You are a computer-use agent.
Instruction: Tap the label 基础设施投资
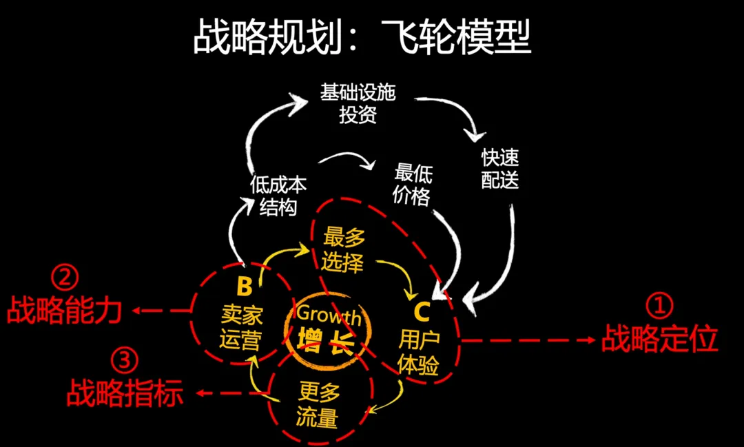pyautogui.click(x=358, y=103)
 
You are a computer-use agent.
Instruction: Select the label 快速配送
pyautogui.click(x=499, y=168)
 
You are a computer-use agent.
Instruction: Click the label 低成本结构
pyautogui.click(x=278, y=196)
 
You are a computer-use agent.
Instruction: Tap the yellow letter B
pyautogui.click(x=244, y=286)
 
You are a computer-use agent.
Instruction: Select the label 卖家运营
pyautogui.click(x=241, y=327)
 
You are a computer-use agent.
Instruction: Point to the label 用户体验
pyautogui.click(x=419, y=352)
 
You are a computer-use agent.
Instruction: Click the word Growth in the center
pyautogui.click(x=328, y=316)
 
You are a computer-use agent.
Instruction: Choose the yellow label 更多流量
pyautogui.click(x=319, y=405)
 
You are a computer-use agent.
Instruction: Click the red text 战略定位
pyautogui.click(x=659, y=339)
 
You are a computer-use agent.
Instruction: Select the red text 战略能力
pyautogui.click(x=65, y=311)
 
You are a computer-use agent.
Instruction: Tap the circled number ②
pyautogui.click(x=65, y=278)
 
